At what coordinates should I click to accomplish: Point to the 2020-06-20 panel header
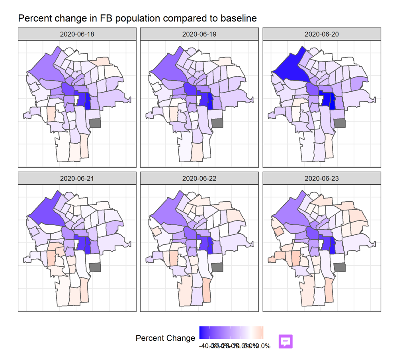coord(321,34)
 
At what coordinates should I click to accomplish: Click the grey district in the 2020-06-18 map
coord(95,123)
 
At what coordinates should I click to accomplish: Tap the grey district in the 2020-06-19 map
coord(217,123)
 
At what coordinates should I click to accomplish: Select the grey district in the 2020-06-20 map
coord(340,123)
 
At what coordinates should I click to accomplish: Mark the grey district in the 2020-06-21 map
coord(95,267)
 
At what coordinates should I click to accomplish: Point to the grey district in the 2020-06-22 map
coord(217,267)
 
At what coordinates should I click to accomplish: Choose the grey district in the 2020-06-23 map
coord(340,267)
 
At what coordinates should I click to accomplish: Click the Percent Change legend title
coord(165,338)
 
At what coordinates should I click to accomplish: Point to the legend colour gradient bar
coord(231,332)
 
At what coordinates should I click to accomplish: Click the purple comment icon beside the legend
coord(286,341)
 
